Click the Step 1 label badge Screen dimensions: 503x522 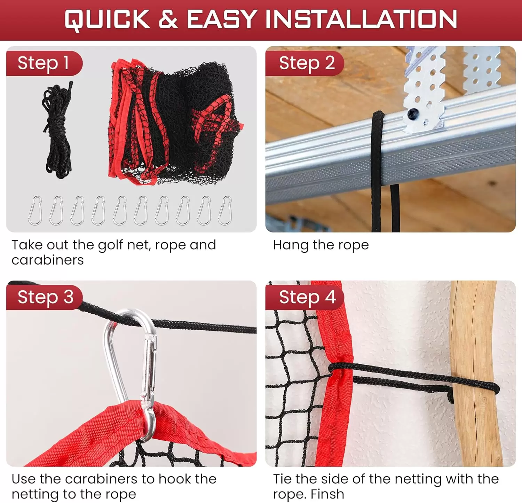click(43, 63)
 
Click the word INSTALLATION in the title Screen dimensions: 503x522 click(361, 19)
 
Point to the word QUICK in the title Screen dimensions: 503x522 click(107, 19)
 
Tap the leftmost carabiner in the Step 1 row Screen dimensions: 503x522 click(35, 211)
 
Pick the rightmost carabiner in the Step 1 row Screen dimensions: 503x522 click(225, 211)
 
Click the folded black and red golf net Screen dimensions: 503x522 click(174, 122)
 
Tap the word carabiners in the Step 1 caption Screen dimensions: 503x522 click(48, 260)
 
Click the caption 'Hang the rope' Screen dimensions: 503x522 click(321, 245)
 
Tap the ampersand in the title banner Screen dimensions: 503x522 click(168, 19)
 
